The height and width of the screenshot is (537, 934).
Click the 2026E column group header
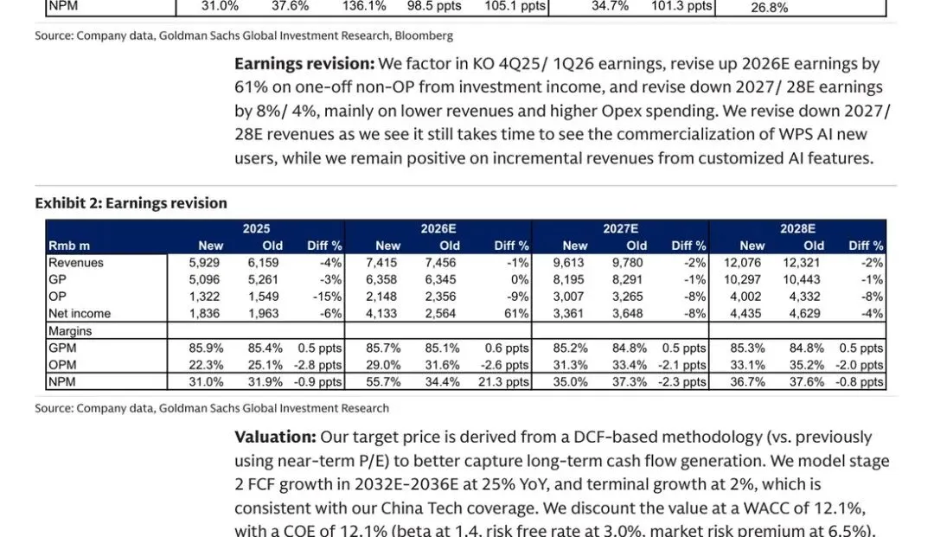coord(438,228)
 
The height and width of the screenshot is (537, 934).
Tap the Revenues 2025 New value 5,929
coord(204,263)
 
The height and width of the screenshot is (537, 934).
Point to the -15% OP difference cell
coord(327,297)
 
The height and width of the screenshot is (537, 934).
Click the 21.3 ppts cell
coord(505,381)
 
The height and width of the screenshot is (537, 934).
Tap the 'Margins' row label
coord(70,331)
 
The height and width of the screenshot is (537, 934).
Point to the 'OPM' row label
coord(62,365)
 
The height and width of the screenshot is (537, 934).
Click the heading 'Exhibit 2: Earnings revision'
coord(131,203)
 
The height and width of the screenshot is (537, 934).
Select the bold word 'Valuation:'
coord(274,438)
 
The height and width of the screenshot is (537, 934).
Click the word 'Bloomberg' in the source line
coord(425,36)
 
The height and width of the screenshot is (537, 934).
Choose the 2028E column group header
coord(797,228)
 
